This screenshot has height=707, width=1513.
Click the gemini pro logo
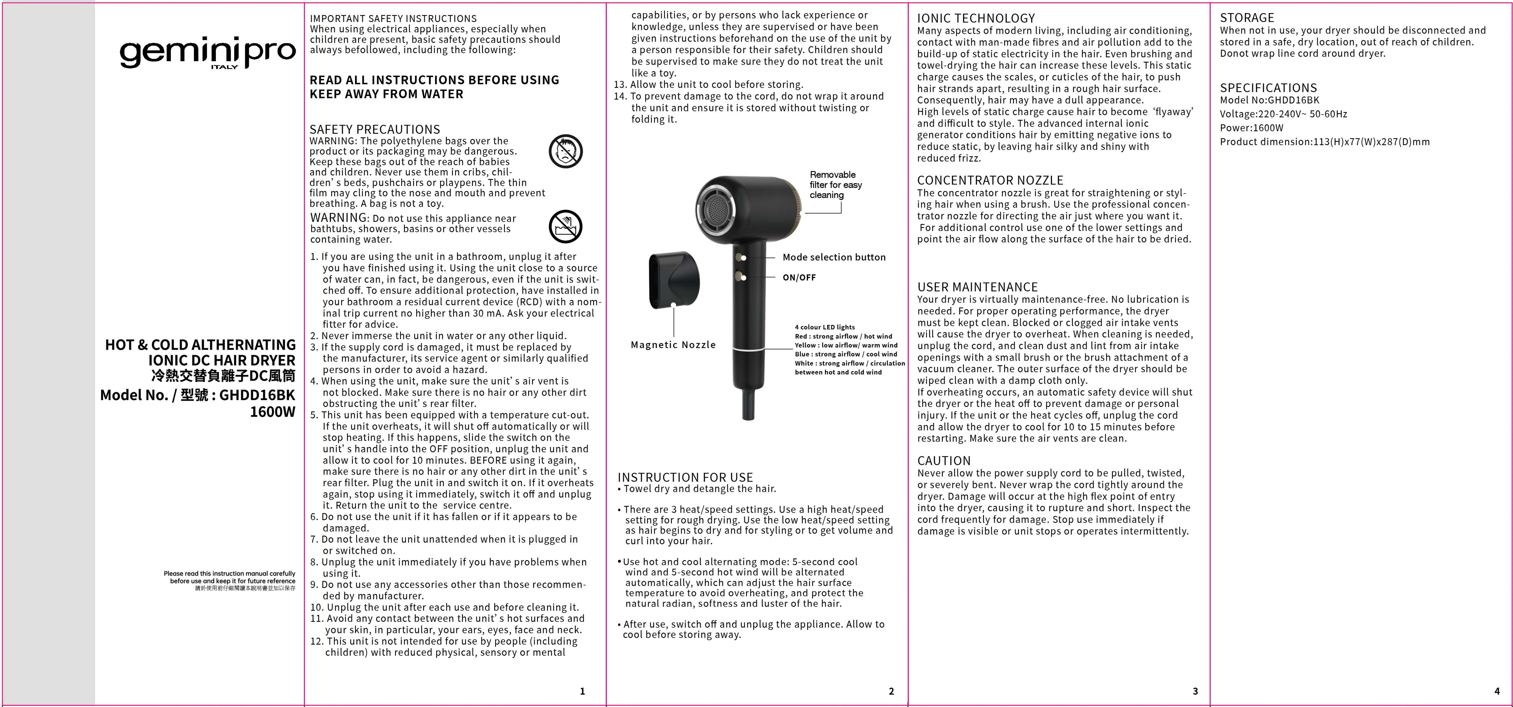(x=207, y=54)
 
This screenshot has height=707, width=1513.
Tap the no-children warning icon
(x=566, y=151)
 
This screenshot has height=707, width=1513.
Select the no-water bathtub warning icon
(x=566, y=227)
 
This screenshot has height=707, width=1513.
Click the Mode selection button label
(x=833, y=257)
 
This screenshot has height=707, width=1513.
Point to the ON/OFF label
(x=799, y=278)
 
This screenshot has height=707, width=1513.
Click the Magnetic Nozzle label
(x=673, y=345)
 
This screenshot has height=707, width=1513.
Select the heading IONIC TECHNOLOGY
(x=976, y=18)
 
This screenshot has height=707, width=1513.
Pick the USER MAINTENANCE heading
(x=977, y=287)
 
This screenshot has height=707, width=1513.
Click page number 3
(x=1195, y=691)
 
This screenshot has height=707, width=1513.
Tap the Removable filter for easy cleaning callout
(x=835, y=185)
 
